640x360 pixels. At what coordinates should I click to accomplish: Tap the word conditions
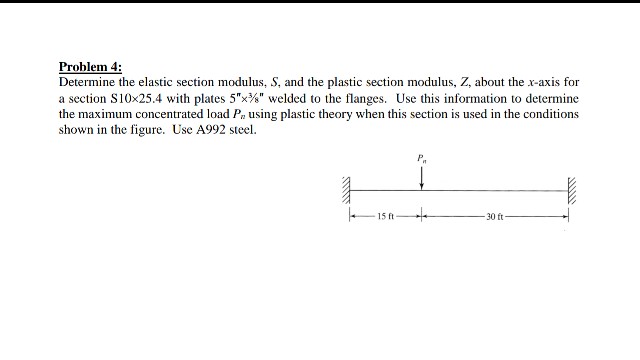(x=550, y=115)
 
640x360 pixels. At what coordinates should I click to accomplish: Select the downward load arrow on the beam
(x=422, y=176)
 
